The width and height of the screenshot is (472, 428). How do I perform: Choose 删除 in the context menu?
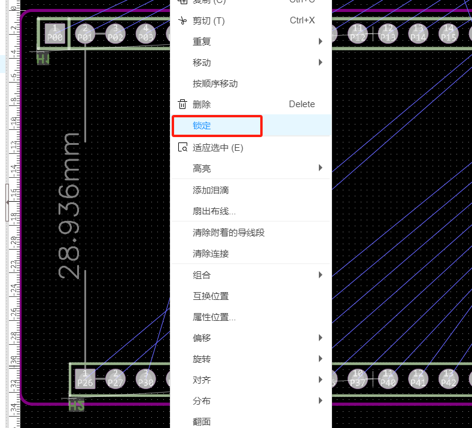202,104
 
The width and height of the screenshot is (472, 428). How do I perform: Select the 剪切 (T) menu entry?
208,21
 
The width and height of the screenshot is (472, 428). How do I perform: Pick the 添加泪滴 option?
211,190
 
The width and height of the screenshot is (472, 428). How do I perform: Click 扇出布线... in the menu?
214,211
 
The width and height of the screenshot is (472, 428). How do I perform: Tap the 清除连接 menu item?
211,254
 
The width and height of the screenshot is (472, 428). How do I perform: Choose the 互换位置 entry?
211,296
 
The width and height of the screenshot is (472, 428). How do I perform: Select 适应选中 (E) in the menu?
218,148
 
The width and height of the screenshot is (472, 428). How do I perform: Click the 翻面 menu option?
202,421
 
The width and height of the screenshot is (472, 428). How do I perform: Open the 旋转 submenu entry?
202,359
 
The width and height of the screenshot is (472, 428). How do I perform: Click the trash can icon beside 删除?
182,104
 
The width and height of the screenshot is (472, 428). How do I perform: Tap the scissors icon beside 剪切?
182,21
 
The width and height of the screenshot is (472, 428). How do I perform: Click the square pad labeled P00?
55,33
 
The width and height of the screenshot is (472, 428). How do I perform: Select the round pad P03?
146,33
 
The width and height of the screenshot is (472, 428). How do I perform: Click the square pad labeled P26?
85,378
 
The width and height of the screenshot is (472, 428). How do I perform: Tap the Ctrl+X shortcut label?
302,21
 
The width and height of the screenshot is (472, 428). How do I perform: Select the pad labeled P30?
146,378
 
